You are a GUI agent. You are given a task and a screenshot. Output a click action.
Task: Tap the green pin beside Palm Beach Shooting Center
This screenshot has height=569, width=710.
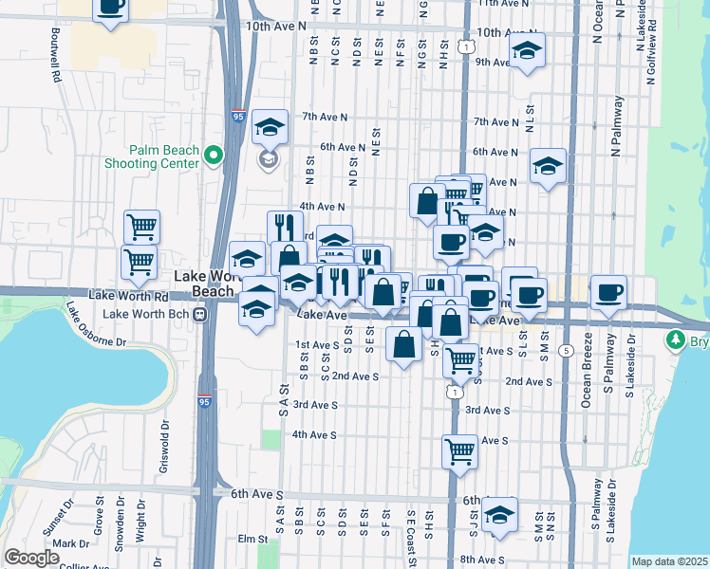pyautogui.click(x=215, y=155)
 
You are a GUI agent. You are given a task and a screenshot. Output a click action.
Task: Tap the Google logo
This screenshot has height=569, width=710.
pyautogui.click(x=31, y=558)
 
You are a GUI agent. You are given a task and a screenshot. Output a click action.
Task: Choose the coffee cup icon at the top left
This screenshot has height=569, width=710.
pyautogui.click(x=110, y=8)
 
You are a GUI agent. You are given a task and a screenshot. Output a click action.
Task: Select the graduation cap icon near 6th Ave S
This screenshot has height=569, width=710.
pyautogui.click(x=499, y=515)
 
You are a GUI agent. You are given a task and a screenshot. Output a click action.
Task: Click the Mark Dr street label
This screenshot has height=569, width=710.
pyautogui.click(x=71, y=544)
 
